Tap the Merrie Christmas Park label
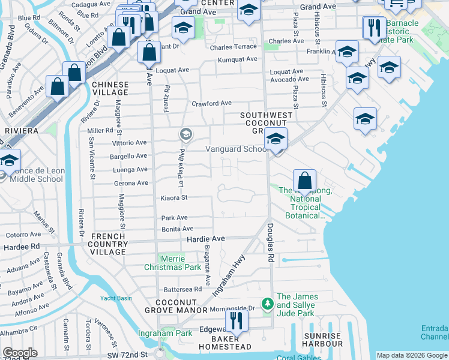click(x=176, y=262)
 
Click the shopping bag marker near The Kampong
click(x=305, y=181)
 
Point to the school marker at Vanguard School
click(x=276, y=139)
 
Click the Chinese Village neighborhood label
click(x=110, y=88)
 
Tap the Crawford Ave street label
click(x=211, y=103)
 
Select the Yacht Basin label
click(x=116, y=297)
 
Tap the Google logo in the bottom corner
click(x=20, y=353)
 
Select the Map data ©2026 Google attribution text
click(x=412, y=355)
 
